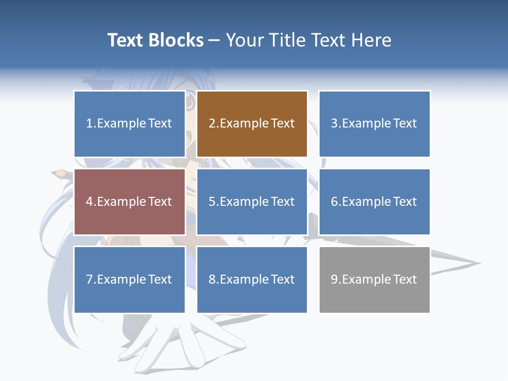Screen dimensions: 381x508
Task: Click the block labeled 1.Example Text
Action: coord(129,124)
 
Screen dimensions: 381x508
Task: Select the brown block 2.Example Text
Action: coord(252,124)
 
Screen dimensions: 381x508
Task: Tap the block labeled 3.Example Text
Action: coord(374,124)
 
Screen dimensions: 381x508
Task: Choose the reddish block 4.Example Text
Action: coord(129,202)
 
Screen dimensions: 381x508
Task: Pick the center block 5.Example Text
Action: coord(252,202)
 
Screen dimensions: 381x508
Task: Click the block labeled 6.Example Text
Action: coord(374,202)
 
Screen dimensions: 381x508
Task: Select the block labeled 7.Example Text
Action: coord(129,279)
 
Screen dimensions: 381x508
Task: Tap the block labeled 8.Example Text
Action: coord(252,279)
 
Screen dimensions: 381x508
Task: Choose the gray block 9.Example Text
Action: coord(374,279)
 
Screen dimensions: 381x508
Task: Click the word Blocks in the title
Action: coord(176,40)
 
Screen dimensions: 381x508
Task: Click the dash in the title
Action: coord(214,40)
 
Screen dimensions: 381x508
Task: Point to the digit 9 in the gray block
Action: coord(334,279)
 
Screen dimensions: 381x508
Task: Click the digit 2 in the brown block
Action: coord(212,124)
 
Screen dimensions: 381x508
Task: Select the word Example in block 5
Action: coord(244,202)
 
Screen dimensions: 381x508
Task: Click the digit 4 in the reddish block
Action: coord(89,202)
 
